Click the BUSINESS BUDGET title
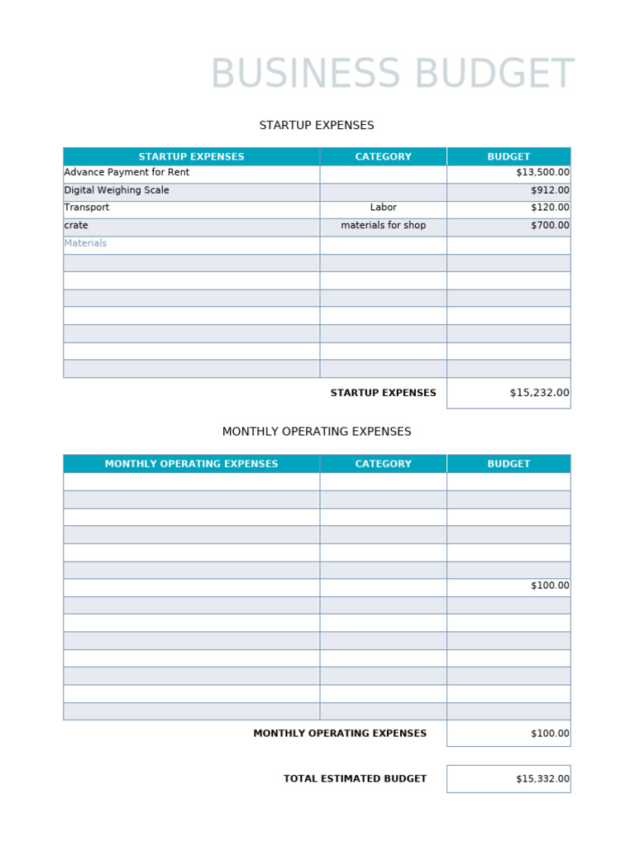click(x=392, y=75)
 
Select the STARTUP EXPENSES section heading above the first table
click(x=317, y=126)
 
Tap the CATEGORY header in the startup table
click(x=383, y=156)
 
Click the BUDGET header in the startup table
click(x=508, y=156)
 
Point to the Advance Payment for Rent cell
click(x=127, y=173)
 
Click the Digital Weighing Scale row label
click(x=117, y=190)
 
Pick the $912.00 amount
click(x=550, y=190)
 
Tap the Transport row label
click(x=87, y=208)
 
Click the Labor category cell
click(x=383, y=208)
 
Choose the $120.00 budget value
click(x=550, y=208)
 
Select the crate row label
click(x=76, y=225)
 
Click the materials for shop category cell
click(x=383, y=225)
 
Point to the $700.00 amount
click(x=550, y=225)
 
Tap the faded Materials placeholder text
click(x=85, y=243)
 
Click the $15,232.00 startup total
click(x=539, y=393)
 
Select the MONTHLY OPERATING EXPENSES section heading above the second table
click(x=317, y=432)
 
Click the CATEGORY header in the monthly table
click(x=383, y=464)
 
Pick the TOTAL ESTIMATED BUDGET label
click(x=355, y=779)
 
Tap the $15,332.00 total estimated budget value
click(x=542, y=779)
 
